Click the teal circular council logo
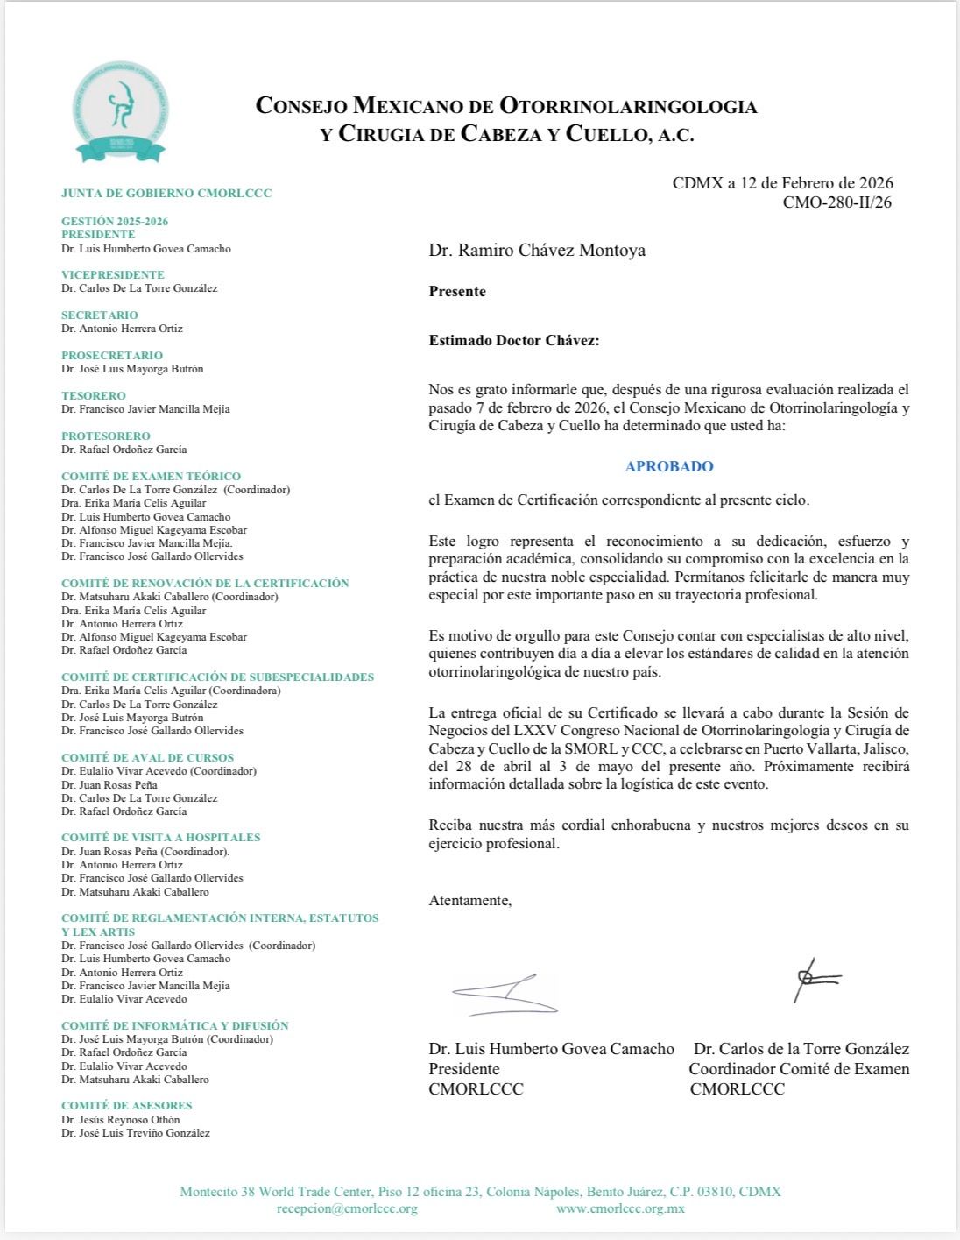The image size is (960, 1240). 121,112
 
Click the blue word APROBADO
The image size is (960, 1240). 669,466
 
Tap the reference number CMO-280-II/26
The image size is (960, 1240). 837,203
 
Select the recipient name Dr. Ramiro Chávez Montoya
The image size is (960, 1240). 537,250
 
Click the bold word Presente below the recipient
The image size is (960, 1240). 457,292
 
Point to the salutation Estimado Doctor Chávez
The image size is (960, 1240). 514,341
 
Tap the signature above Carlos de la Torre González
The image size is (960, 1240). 815,980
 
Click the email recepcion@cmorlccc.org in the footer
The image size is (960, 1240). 347,1208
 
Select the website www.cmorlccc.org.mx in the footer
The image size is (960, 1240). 620,1208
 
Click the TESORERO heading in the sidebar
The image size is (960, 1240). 94,395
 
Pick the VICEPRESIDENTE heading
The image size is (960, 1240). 113,274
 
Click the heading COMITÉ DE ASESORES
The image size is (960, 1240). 127,1106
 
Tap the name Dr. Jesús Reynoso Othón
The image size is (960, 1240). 121,1119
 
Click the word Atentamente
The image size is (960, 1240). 469,900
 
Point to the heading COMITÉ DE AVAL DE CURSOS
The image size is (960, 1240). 148,758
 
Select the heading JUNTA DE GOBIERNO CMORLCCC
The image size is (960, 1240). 166,193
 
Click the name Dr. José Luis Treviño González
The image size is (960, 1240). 136,1133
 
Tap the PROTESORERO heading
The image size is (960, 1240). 106,436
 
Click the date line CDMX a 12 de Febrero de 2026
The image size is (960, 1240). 782,183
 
